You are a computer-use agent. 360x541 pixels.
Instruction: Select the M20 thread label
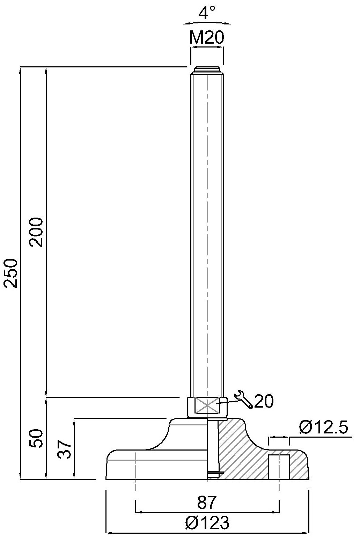point(207,37)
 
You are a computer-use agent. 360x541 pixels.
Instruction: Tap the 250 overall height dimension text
point(11,273)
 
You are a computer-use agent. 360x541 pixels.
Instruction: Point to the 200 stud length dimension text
point(36,232)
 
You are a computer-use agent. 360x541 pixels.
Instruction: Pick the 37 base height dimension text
point(65,449)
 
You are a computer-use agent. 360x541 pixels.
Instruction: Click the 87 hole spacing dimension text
point(206,502)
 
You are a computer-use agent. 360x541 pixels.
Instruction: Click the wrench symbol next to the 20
point(244,399)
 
